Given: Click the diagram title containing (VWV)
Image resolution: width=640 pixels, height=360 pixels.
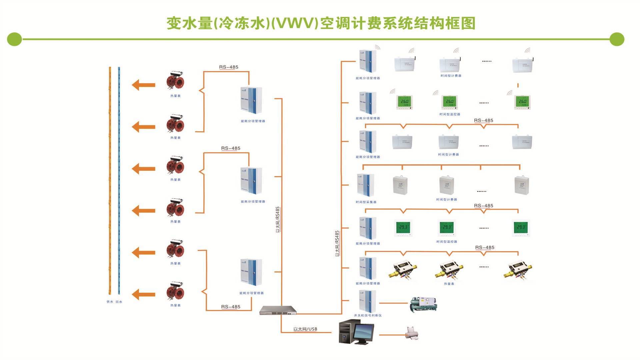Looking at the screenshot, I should click(x=321, y=23).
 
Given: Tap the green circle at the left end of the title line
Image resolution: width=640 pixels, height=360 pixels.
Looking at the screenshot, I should click(x=14, y=39).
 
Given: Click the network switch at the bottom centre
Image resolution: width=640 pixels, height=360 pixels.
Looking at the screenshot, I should click(x=278, y=311).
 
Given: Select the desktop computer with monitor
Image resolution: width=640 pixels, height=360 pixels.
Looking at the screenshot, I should click(x=356, y=332).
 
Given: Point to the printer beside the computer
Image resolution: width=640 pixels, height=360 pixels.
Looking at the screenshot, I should click(x=412, y=334).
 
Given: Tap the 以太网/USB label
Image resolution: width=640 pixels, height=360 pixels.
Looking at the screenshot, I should click(x=305, y=329).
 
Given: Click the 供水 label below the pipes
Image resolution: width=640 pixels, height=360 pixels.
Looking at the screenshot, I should click(x=110, y=302).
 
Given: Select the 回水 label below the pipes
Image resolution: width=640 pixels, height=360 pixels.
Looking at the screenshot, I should click(x=119, y=302).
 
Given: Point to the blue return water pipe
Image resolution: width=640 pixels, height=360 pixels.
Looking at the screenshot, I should click(x=119, y=180).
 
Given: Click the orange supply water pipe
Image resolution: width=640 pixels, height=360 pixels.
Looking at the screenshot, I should click(x=110, y=180).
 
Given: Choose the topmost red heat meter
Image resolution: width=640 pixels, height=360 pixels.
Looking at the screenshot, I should click(x=175, y=81).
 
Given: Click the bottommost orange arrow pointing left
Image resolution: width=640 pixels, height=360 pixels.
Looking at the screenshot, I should click(x=143, y=294).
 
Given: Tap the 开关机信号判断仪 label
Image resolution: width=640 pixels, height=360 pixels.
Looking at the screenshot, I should click(x=368, y=315).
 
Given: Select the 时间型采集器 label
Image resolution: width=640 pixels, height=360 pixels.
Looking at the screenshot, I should click(x=366, y=202).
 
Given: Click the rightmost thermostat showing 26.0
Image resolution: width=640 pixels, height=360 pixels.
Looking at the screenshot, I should click(x=522, y=102).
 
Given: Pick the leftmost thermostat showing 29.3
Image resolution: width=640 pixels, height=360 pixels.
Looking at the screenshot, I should click(x=403, y=228).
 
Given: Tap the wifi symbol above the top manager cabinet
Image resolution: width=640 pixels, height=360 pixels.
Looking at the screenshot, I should click(x=377, y=47).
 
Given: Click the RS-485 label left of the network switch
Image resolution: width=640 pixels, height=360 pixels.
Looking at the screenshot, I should click(x=231, y=307).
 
